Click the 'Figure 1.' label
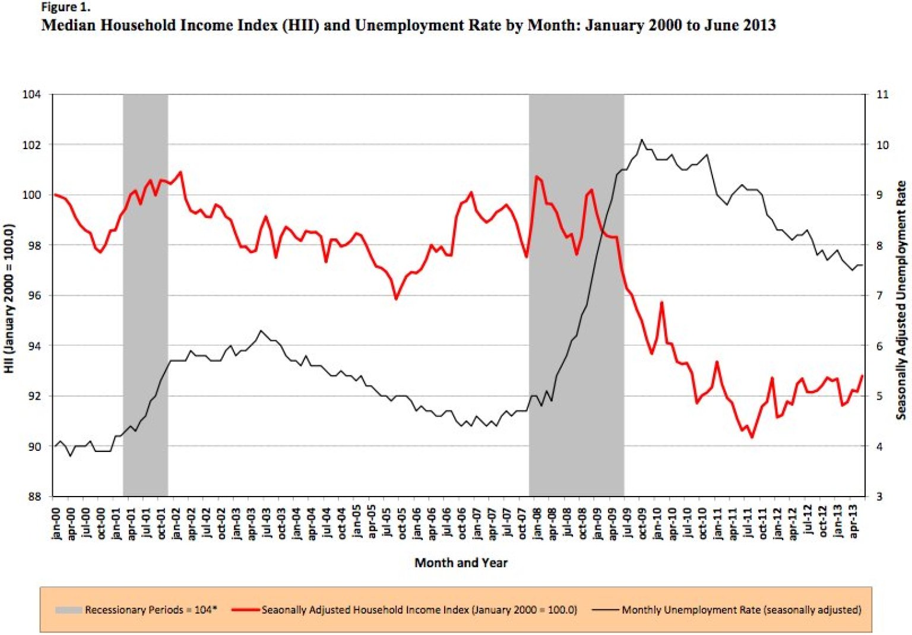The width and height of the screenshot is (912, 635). click(65, 8)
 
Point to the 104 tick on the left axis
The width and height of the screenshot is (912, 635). click(32, 94)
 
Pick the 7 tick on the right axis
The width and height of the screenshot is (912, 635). click(879, 295)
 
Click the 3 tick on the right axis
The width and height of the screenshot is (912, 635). click(879, 497)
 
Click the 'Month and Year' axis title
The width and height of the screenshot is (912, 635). click(461, 563)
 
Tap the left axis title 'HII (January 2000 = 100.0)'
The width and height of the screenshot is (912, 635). click(9, 298)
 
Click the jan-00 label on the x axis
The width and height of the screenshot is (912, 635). click(56, 523)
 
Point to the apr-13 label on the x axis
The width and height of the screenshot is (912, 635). click(854, 523)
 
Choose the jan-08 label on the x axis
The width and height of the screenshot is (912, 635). click(537, 523)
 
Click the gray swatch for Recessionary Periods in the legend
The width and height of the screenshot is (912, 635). click(68, 610)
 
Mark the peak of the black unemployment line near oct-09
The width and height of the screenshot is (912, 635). click(642, 140)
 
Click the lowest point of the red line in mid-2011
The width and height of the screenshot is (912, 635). click(752, 438)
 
